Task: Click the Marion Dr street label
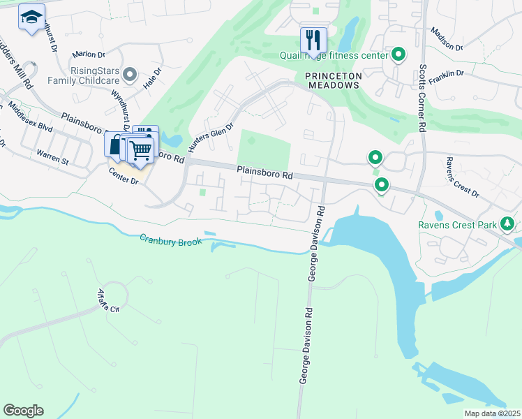pos(88,54)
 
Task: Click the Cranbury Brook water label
pos(170,241)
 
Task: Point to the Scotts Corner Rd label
pos(422,98)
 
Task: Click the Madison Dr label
pos(447,40)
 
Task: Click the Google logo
pos(23,411)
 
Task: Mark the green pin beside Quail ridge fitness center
pos(398,54)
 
